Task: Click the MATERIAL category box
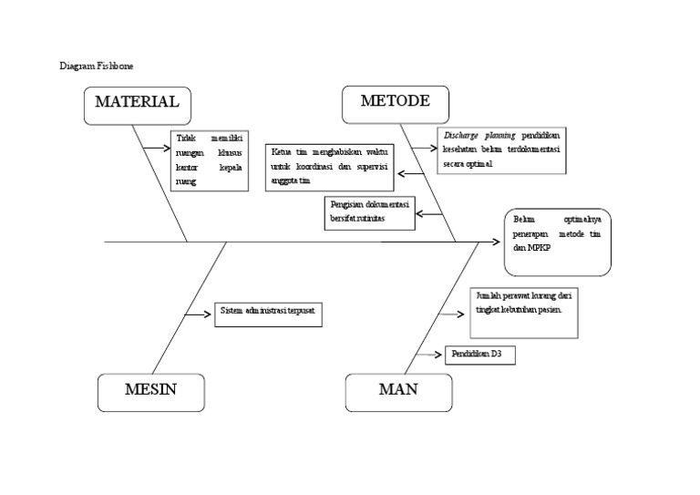point(137,103)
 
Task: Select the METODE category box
point(395,102)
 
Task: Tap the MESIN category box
point(150,392)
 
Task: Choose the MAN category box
point(397,392)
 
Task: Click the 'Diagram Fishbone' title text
point(96,66)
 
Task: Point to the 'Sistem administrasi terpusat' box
point(269,315)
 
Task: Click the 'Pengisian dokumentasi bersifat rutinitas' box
point(371,212)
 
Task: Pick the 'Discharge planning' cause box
point(500,150)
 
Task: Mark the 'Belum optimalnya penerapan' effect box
point(557,242)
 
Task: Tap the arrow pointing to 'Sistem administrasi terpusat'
point(198,315)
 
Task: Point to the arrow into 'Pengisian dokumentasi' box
point(429,215)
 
